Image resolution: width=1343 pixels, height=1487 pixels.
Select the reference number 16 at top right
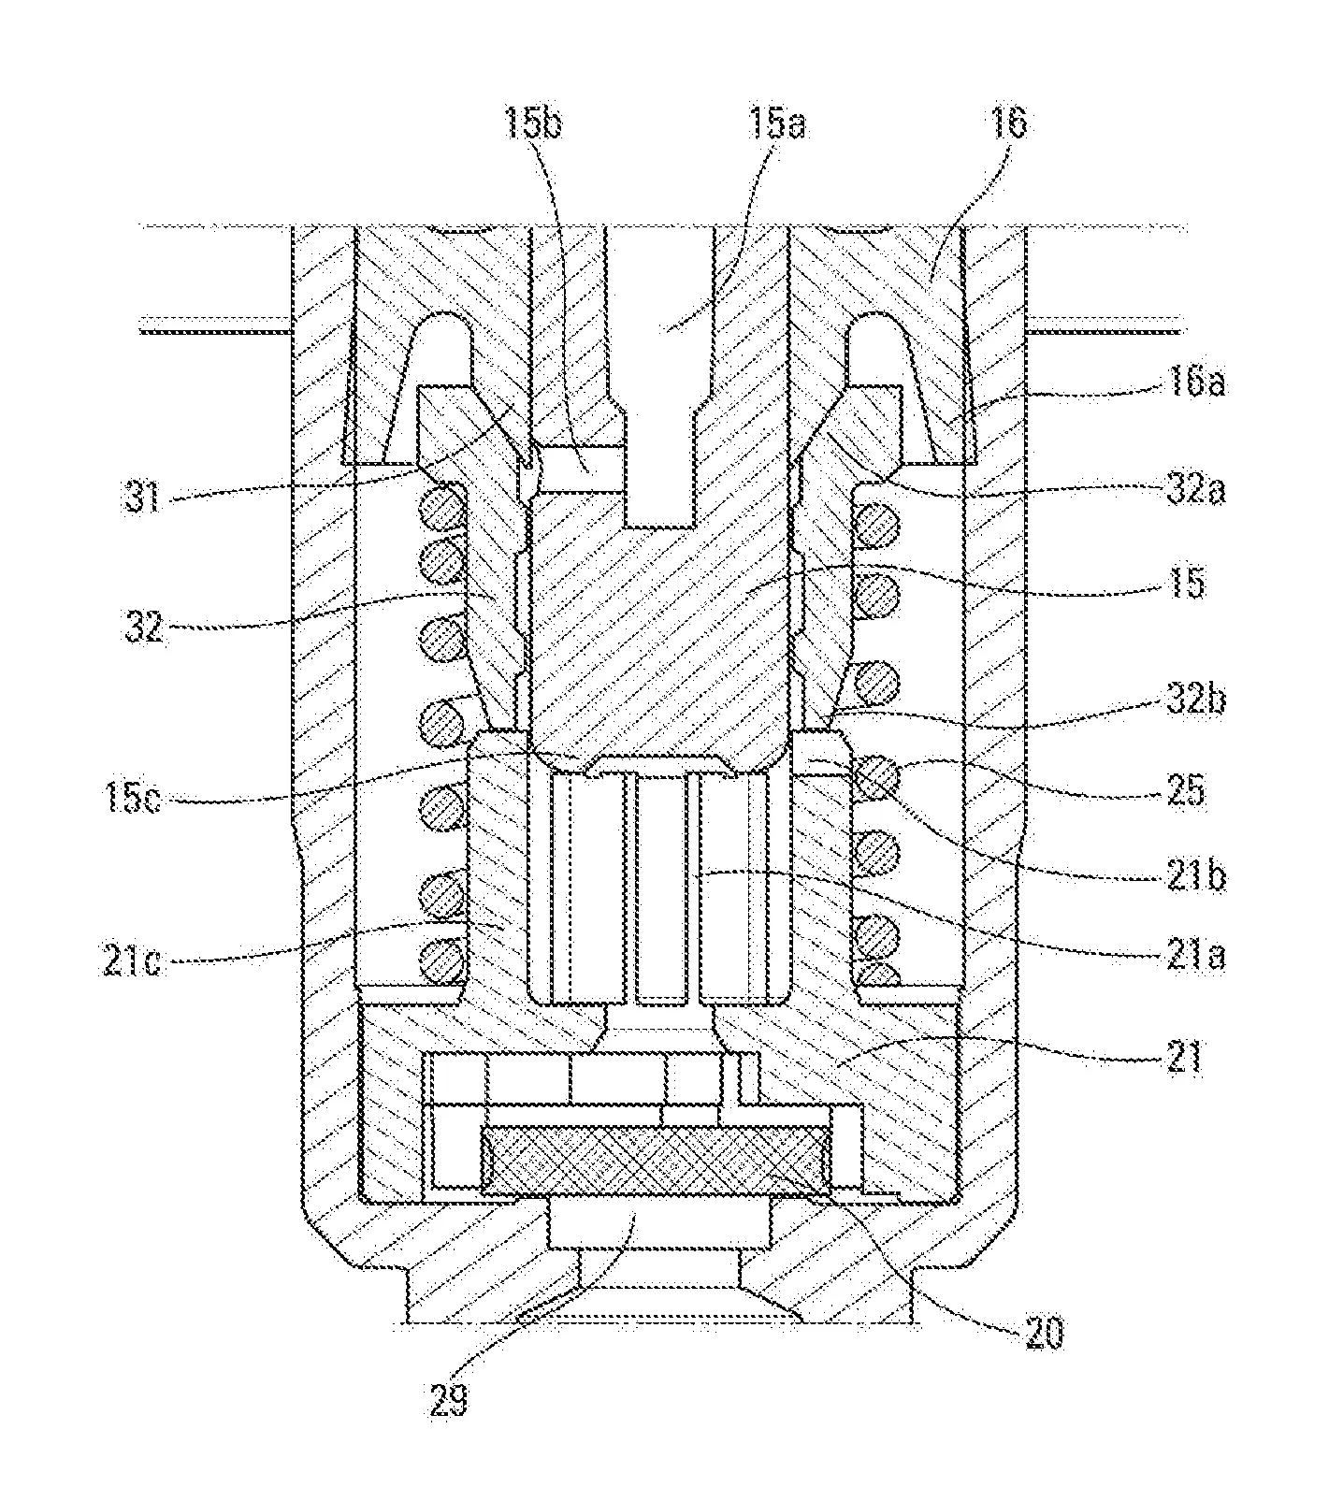click(1006, 123)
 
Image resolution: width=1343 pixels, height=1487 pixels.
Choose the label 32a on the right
click(1191, 490)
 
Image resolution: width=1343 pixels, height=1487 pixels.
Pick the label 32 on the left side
click(143, 628)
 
